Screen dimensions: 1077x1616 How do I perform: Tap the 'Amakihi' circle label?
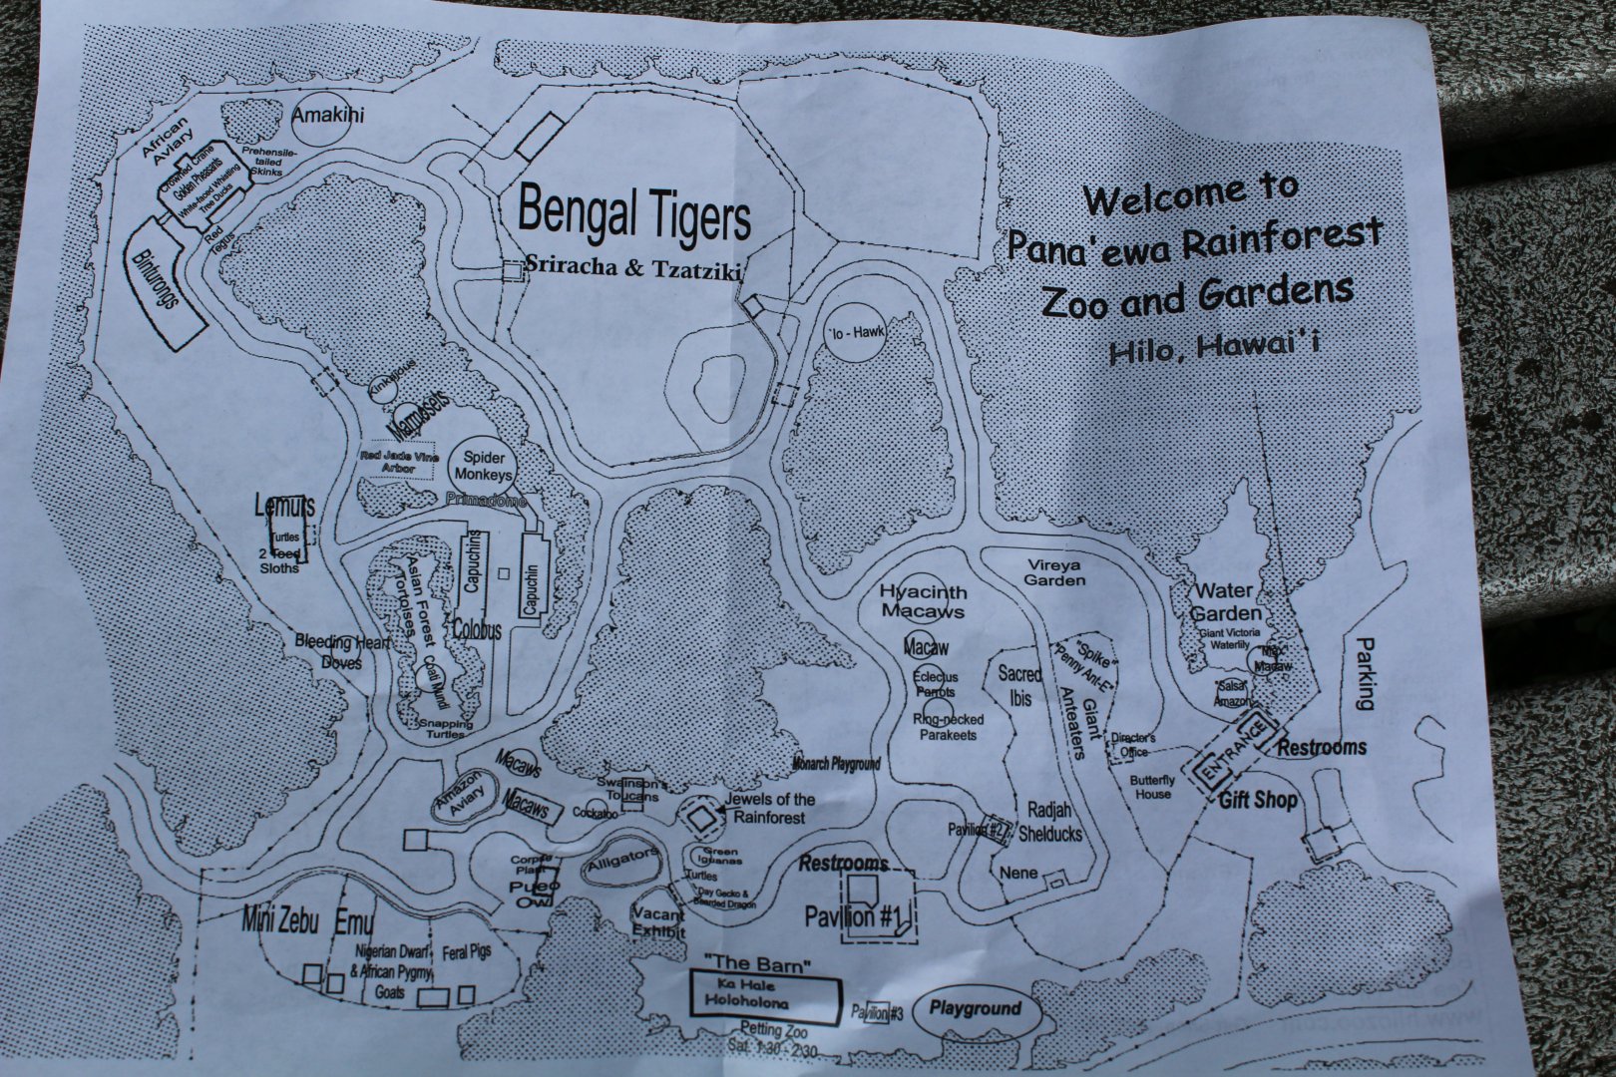click(328, 117)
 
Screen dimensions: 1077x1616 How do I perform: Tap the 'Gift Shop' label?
click(1258, 801)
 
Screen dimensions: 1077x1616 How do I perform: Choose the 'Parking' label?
click(1364, 674)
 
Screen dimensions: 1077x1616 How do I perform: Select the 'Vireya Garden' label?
click(1054, 572)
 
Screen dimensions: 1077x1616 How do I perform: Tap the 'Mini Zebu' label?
click(280, 921)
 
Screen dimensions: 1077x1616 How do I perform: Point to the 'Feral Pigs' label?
click(467, 952)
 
